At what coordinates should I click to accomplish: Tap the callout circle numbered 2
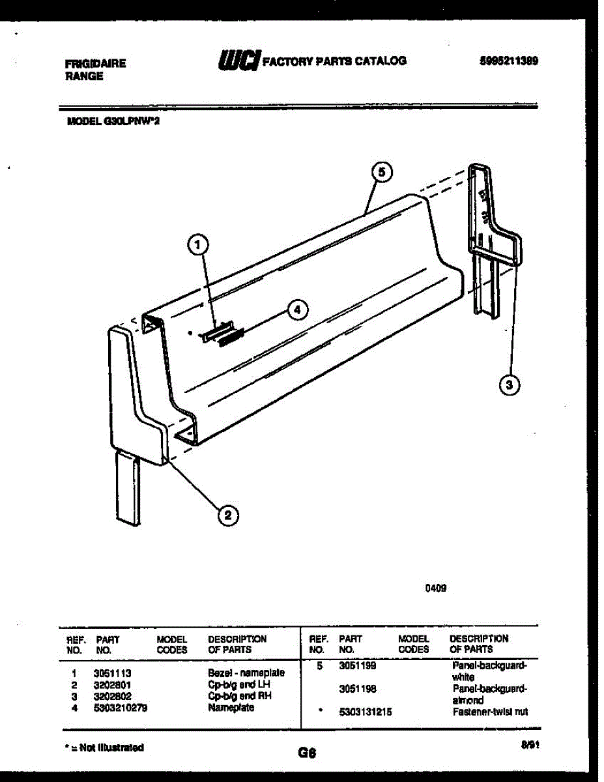point(227,515)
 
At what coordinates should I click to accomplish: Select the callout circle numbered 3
point(510,385)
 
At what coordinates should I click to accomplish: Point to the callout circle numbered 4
point(297,310)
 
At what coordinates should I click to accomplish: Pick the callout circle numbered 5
point(382,172)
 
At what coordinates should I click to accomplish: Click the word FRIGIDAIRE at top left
point(96,64)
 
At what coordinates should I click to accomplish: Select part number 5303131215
point(366,712)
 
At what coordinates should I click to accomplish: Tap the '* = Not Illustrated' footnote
point(106,747)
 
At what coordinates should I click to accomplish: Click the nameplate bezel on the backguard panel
point(217,331)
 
